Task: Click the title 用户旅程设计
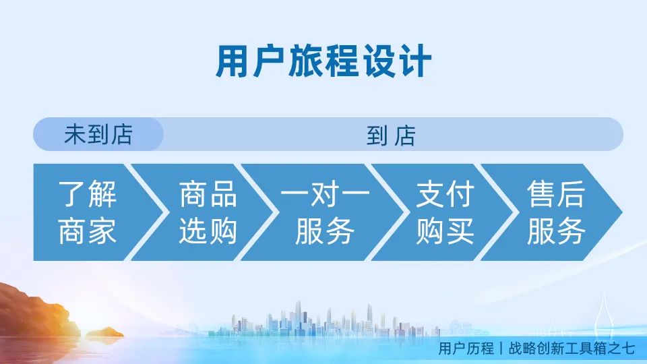[x=323, y=61]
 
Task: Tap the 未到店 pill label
[x=98, y=134]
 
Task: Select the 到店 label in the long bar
[x=391, y=135]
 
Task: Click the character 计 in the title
[x=416, y=61]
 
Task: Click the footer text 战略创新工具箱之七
[x=572, y=348]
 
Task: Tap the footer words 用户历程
[x=466, y=348]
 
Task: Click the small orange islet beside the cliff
[x=105, y=332]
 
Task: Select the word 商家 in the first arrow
[x=88, y=231]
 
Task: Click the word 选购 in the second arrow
[x=208, y=231]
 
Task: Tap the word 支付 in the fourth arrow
[x=445, y=194]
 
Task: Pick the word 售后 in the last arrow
[x=556, y=194]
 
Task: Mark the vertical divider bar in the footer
[x=501, y=348]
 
